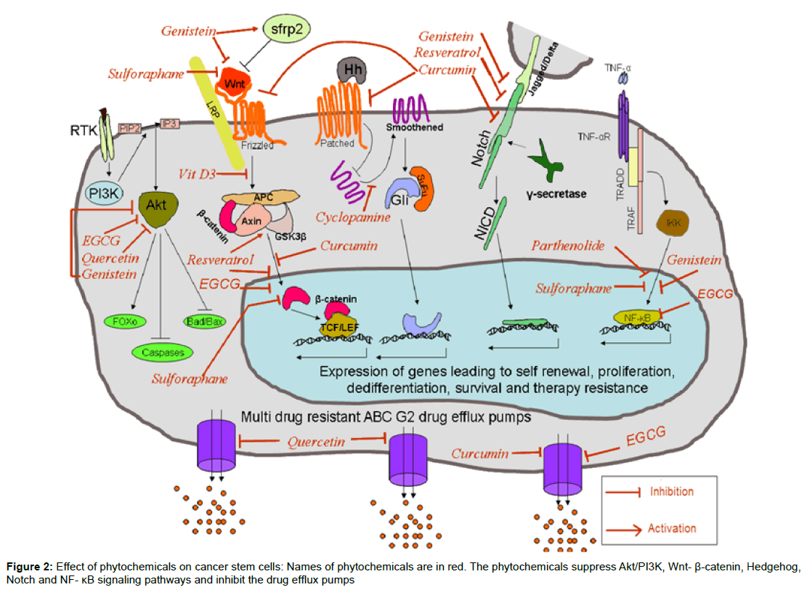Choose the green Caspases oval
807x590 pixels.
(x=162, y=352)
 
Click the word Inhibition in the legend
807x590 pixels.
(x=671, y=491)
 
